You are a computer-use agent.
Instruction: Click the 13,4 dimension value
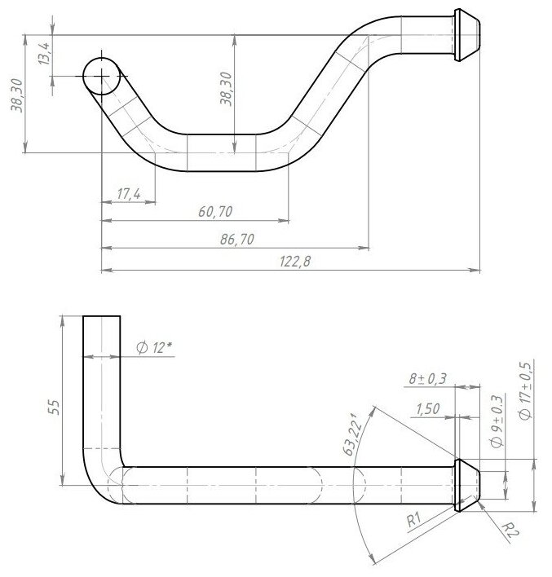point(45,55)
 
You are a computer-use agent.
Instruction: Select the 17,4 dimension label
point(128,194)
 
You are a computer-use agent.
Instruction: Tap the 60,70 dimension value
point(216,212)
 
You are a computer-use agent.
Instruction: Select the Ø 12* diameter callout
point(155,348)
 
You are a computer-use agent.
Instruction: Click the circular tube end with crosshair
point(102,75)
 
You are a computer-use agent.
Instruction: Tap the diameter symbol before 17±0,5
point(526,415)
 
